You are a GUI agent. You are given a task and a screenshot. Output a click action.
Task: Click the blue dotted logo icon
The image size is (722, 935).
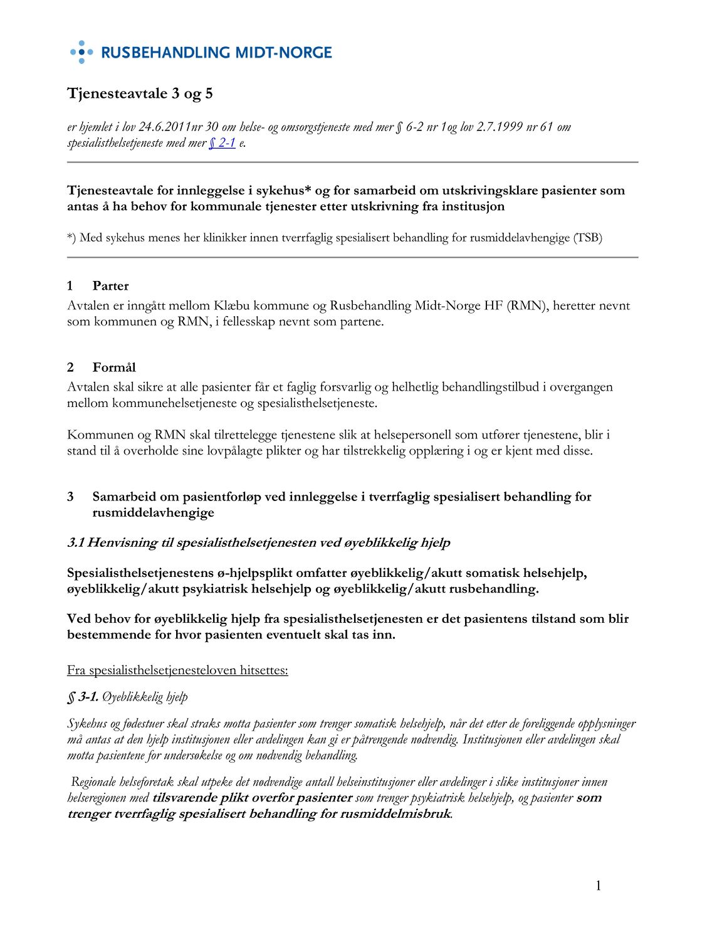81,52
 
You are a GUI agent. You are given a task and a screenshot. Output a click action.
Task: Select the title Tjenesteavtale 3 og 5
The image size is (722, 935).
140,93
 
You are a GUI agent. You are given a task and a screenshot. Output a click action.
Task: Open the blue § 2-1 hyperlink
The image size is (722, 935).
222,143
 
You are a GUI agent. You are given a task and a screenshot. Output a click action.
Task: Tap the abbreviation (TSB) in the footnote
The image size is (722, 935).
587,238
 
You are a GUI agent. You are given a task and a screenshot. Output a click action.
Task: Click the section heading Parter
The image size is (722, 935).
110,286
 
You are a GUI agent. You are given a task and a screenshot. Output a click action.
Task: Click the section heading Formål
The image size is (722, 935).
114,367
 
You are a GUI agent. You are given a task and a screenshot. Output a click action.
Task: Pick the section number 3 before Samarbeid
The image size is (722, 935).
70,497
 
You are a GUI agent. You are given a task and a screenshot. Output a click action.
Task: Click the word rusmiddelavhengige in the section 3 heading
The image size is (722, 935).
153,512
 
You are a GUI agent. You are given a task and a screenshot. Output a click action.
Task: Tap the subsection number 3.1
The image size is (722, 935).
75,542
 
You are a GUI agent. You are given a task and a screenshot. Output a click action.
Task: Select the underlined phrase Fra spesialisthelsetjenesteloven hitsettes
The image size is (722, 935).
177,670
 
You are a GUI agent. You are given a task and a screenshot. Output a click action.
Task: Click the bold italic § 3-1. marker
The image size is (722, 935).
83,697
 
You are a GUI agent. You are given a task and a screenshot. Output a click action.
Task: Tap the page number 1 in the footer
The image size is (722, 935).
598,885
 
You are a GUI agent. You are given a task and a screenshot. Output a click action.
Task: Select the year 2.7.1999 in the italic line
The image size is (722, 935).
500,127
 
